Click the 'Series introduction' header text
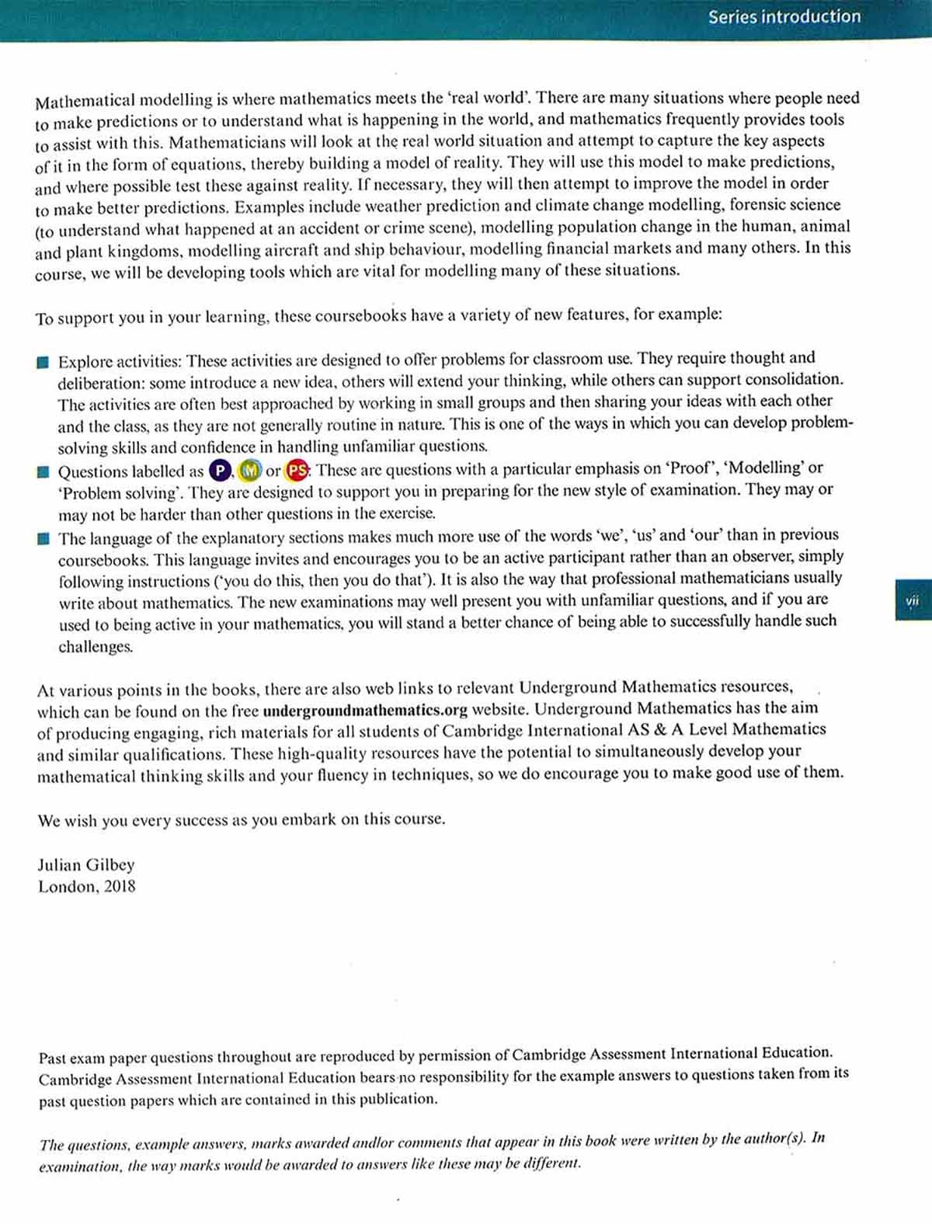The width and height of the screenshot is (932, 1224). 784,16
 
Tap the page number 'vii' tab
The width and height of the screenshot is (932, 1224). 913,600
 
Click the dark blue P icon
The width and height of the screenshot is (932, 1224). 221,471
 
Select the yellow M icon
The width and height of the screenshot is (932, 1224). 249,471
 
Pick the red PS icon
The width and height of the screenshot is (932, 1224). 297,470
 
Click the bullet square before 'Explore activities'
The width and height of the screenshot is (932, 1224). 43,362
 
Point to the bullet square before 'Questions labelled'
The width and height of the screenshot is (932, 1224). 43,472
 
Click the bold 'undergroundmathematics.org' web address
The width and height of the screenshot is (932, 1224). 365,710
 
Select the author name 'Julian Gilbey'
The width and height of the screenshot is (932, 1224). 86,864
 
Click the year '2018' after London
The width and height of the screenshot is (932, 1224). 120,886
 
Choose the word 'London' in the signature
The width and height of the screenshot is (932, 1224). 68,886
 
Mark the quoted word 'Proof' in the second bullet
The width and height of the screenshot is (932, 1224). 692,468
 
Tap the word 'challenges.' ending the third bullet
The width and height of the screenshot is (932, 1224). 96,646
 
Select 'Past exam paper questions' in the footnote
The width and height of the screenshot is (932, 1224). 125,1058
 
